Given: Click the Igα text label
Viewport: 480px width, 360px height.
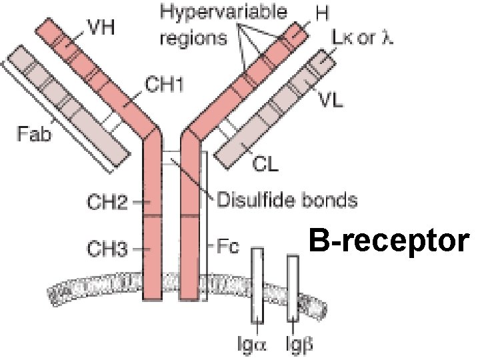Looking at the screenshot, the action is pyautogui.click(x=256, y=346).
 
